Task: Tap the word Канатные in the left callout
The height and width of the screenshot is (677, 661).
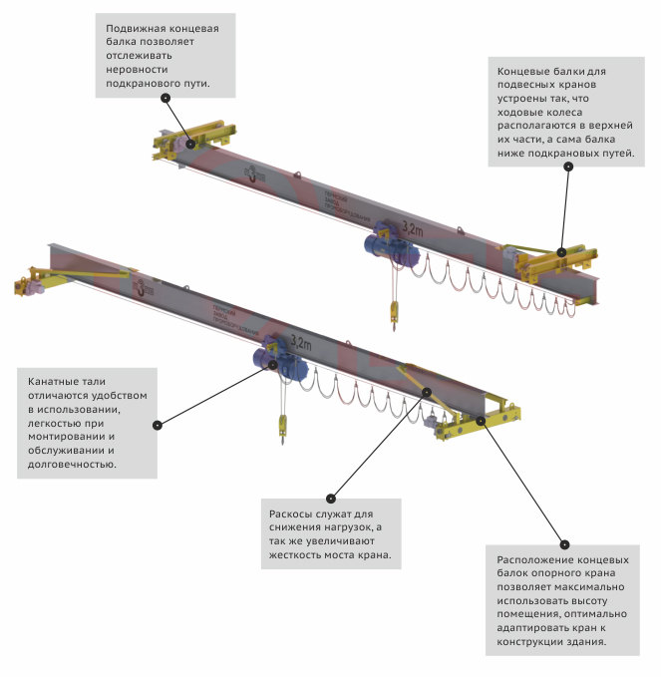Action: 58,382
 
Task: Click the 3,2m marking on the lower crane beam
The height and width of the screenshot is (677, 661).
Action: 298,342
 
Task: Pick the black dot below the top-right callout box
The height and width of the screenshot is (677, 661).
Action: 568,167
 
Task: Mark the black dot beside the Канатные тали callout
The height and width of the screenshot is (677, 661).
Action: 157,425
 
